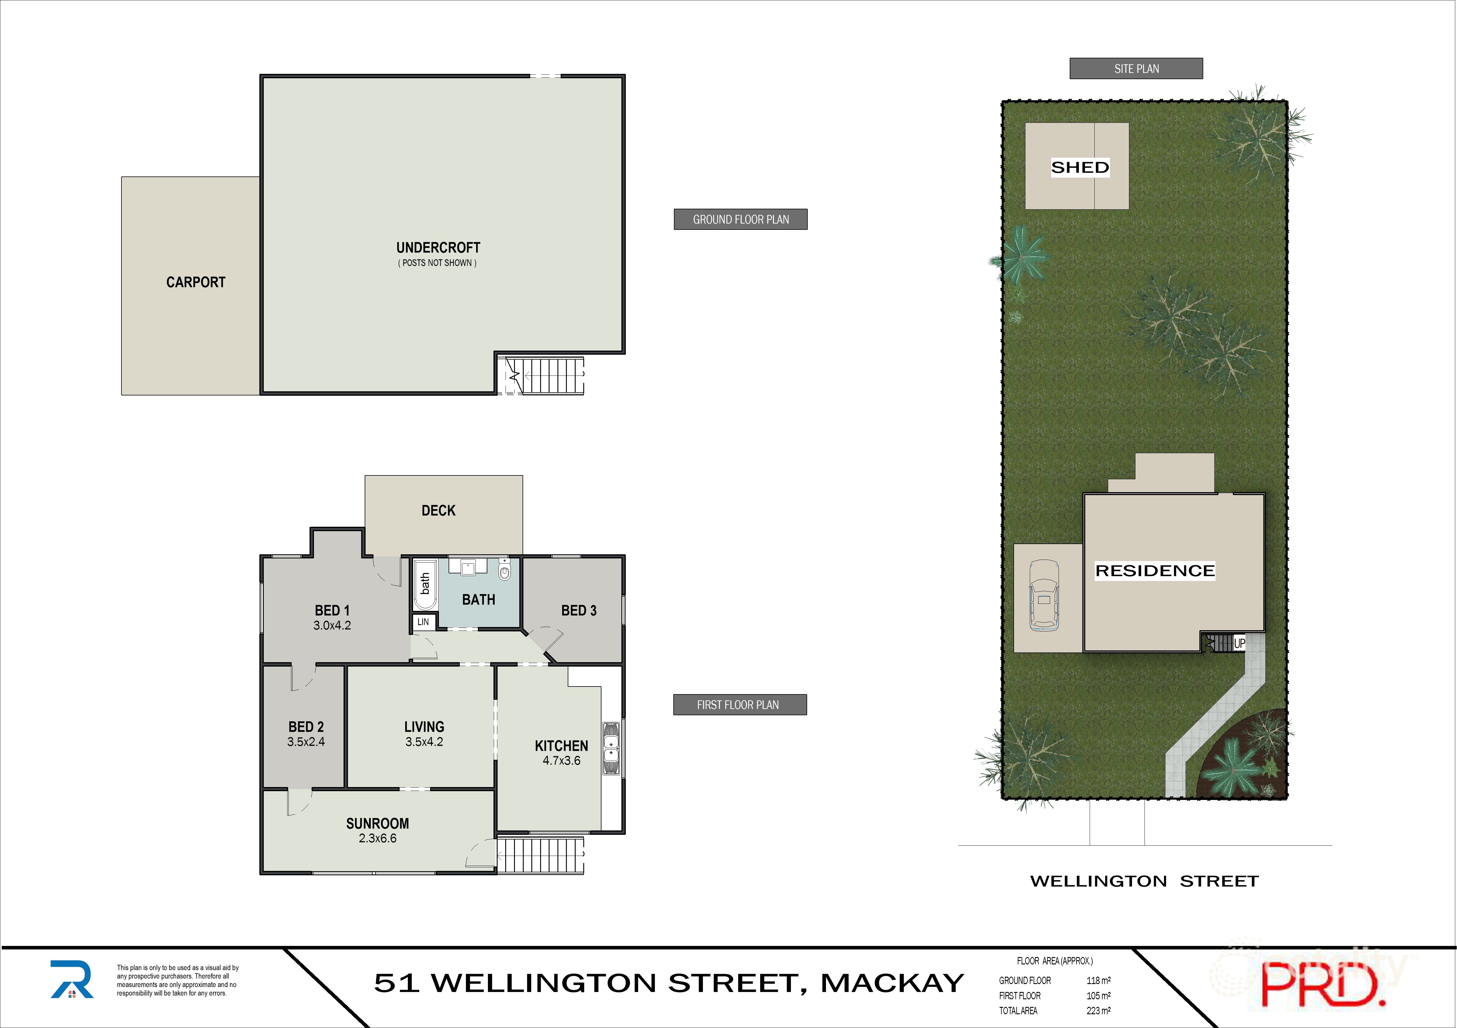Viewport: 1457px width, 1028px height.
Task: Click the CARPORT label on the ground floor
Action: (195, 282)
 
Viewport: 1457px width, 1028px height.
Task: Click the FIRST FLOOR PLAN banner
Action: (739, 705)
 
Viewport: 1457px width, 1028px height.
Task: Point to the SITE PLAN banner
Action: (1136, 69)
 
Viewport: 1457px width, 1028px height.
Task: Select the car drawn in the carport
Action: (1044, 595)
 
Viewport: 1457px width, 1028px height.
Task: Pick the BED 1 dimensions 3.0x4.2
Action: (332, 625)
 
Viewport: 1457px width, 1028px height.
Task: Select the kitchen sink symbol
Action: (611, 748)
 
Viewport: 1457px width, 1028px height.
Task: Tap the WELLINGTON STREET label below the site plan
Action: (1144, 881)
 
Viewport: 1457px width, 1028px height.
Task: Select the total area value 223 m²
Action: (1098, 1011)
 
